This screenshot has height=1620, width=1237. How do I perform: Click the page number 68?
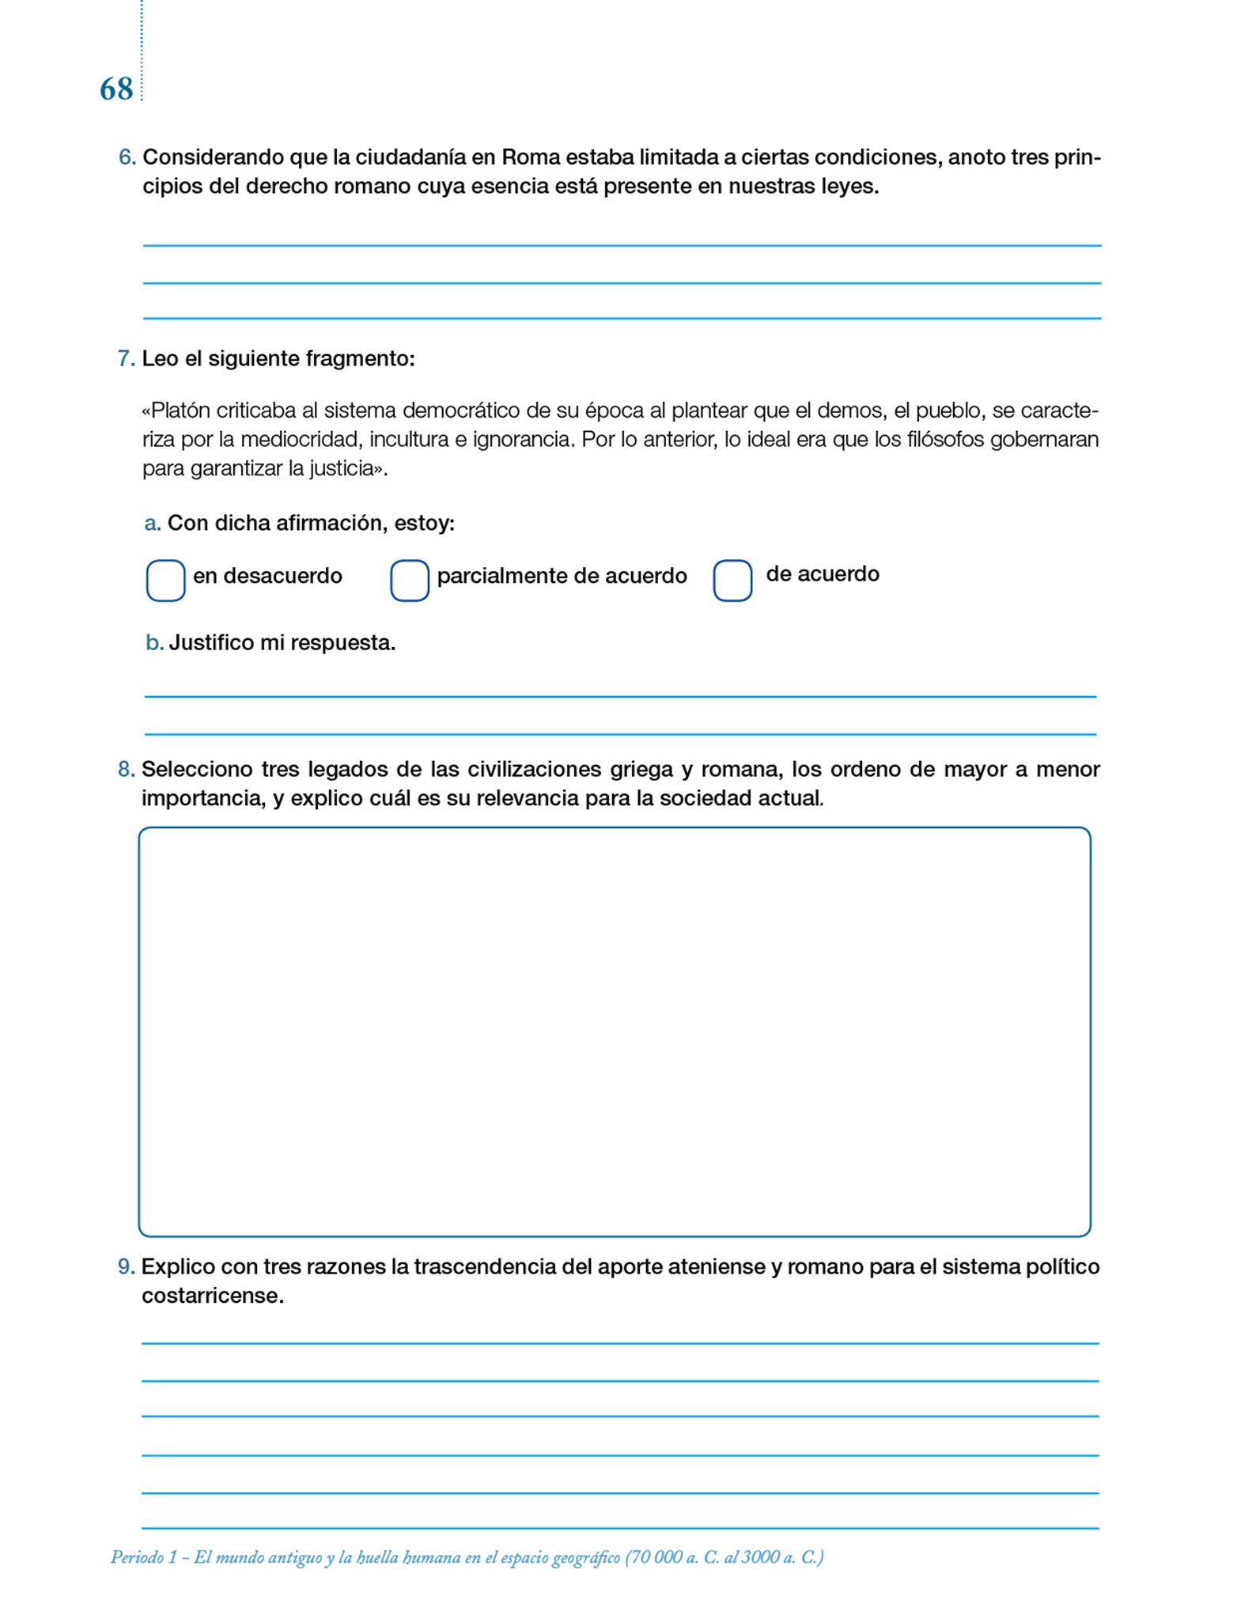116,89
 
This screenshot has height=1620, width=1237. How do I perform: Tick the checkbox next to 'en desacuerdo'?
166,581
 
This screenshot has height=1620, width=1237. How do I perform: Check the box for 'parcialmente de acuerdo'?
410,581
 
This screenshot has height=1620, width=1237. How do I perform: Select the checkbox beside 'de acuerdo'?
732,581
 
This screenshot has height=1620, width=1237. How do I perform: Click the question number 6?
127,157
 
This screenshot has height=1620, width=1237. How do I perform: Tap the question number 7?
127,359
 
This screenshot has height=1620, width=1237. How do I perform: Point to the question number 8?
127,769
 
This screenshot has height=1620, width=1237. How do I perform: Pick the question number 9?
127,1266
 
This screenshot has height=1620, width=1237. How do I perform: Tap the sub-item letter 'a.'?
153,524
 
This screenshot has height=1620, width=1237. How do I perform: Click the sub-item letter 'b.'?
154,643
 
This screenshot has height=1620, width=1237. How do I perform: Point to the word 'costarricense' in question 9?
211,1296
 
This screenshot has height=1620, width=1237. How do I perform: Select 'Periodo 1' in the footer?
143,1558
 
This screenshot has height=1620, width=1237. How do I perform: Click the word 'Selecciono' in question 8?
197,769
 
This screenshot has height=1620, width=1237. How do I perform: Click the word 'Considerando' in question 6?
213,157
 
